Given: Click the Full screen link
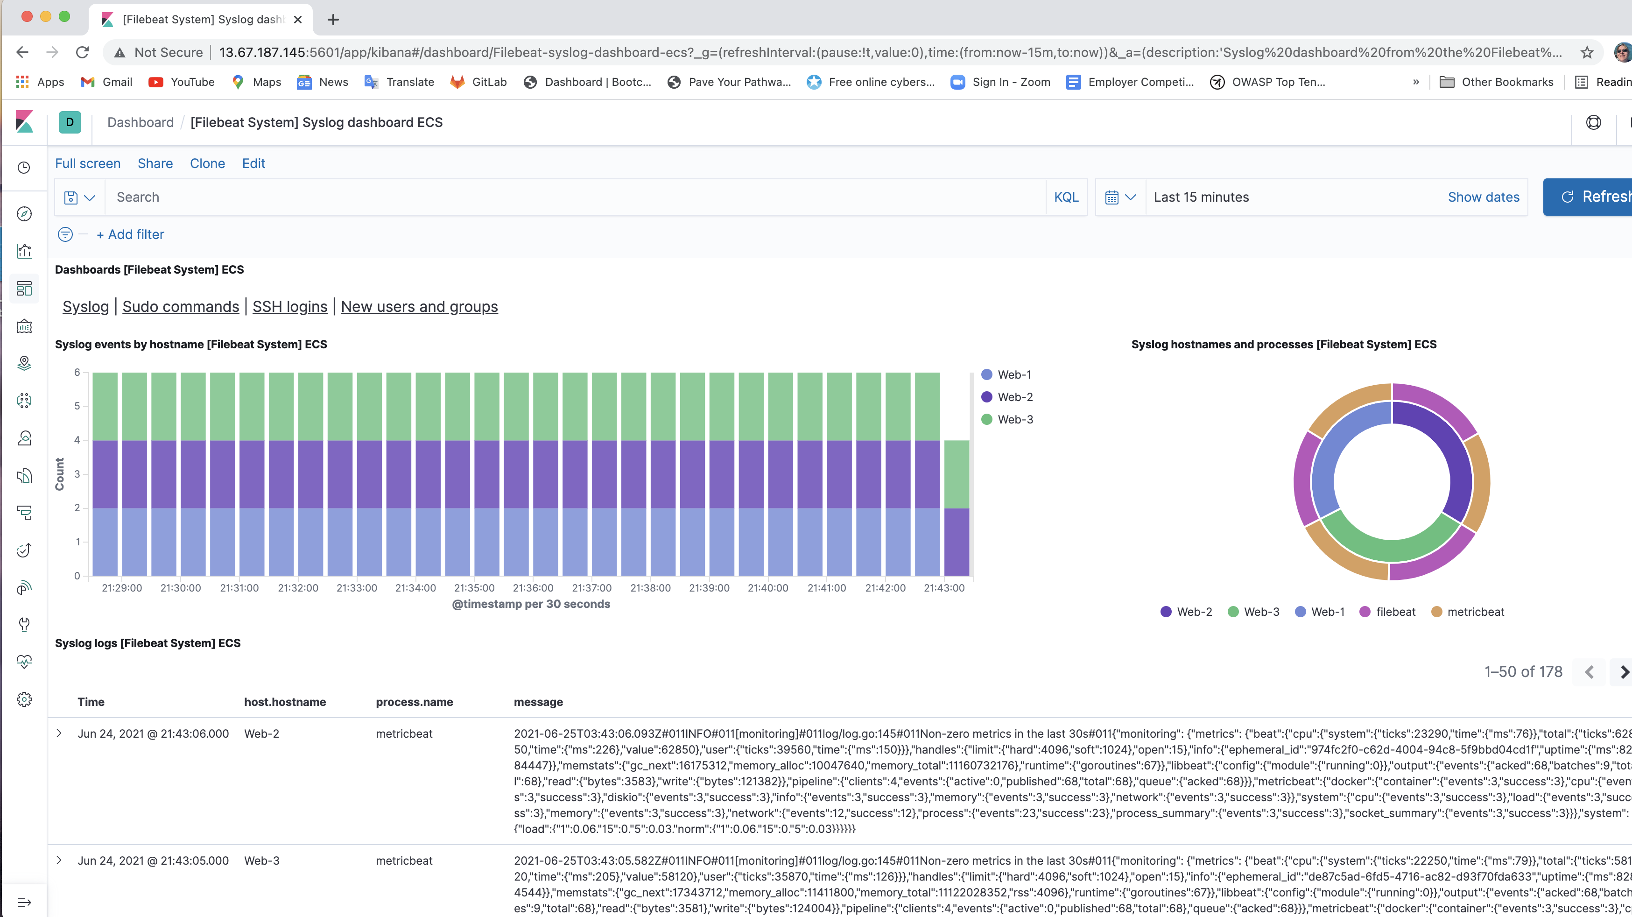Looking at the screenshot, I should tap(87, 163).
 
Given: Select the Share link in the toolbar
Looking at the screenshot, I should tap(155, 163).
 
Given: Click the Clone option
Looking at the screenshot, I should tap(207, 163).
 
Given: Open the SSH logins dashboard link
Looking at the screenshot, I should tap(289, 307).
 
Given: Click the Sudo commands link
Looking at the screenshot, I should tap(181, 307).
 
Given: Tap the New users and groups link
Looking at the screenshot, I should tap(419, 307).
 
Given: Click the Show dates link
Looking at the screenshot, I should tap(1483, 197).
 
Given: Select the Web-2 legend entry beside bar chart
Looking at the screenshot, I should tap(1014, 397).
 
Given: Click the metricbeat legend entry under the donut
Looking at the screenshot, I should tap(1475, 612).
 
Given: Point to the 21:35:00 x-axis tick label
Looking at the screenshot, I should tap(474, 588).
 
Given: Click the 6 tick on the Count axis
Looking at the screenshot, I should tap(77, 372).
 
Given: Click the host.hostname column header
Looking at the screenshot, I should tap(284, 702).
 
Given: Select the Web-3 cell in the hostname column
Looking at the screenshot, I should tap(261, 861).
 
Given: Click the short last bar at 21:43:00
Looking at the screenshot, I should tap(956, 507).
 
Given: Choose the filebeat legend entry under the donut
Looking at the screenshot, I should tap(1395, 612).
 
